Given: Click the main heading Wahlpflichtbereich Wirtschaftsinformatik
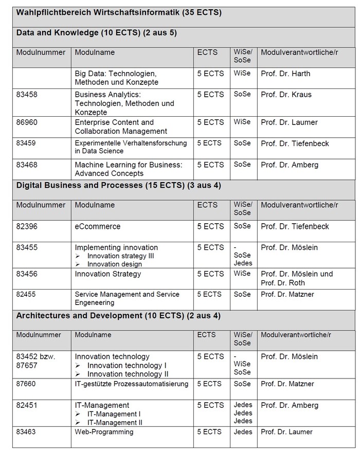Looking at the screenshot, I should click(x=119, y=12).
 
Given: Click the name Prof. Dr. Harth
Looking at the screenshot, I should click(x=285, y=74).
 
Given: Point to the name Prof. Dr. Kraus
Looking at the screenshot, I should click(x=286, y=95).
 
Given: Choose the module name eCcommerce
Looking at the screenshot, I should click(x=98, y=226).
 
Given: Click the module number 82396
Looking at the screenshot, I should click(x=27, y=226).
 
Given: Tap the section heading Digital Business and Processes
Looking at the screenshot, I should click(x=119, y=185).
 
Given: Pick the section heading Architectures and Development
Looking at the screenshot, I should click(x=118, y=315).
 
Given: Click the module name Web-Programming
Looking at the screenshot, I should click(x=104, y=432).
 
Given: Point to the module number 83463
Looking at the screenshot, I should click(x=27, y=432).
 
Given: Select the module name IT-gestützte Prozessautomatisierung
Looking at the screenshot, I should click(x=132, y=384).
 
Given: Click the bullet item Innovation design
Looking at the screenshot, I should click(x=114, y=264).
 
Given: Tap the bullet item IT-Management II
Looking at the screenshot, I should click(x=115, y=422).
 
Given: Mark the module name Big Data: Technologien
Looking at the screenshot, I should click(x=116, y=74).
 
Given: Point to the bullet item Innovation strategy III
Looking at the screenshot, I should click(x=120, y=256).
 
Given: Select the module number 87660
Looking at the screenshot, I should click(x=27, y=384).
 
